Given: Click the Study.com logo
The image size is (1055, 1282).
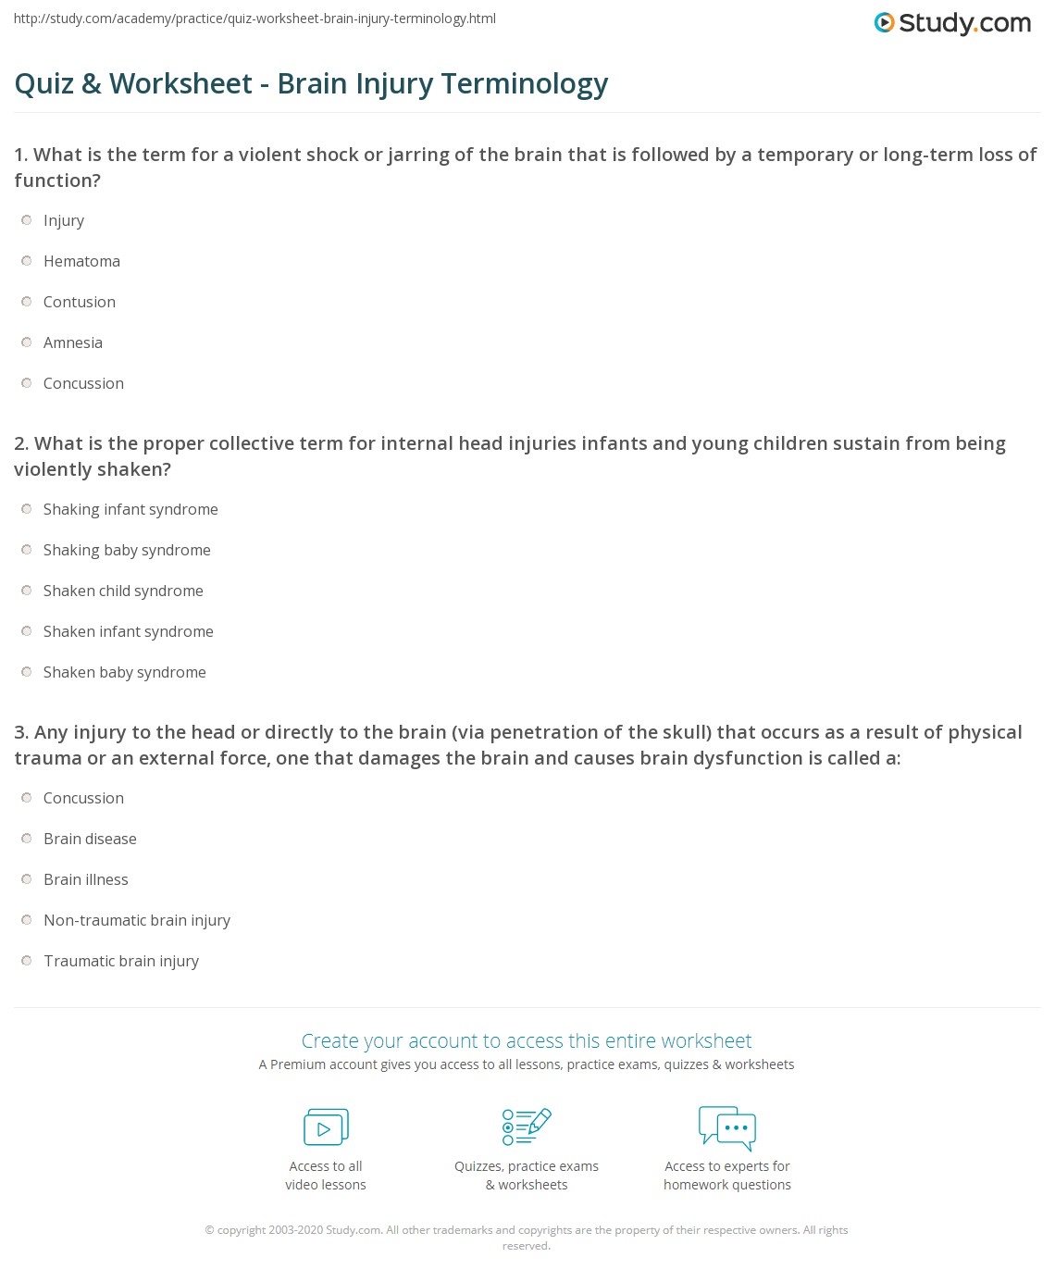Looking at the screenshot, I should [952, 23].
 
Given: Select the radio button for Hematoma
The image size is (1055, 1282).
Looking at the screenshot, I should [27, 261].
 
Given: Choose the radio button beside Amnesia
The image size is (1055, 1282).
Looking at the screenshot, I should [27, 342].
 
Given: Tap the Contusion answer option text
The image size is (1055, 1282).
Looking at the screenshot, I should [80, 302].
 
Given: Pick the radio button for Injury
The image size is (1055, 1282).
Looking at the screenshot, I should [27, 220].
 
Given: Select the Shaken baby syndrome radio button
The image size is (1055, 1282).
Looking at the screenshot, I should [27, 672].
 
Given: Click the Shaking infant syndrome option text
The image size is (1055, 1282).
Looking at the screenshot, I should [130, 509].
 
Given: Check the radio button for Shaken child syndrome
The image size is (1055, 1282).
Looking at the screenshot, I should [27, 591].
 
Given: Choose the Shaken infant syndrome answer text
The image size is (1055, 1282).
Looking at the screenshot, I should [129, 631].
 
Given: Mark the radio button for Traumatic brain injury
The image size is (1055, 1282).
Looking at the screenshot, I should [27, 961].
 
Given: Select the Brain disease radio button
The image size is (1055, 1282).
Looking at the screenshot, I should [27, 839].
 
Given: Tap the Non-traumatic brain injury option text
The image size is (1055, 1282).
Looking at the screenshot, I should [137, 920].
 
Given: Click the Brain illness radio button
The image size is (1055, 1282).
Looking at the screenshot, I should [27, 879].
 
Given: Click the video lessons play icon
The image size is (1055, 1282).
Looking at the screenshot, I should [326, 1127].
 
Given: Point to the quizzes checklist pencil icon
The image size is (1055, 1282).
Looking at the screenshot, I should [527, 1126].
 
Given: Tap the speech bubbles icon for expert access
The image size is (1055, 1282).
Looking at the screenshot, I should [727, 1127].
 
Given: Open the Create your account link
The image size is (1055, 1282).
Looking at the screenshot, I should [527, 1040].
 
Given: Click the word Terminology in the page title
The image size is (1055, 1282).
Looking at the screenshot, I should [525, 83].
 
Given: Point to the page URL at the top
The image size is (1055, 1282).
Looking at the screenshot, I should [254, 19].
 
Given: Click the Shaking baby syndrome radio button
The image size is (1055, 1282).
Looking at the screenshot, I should [27, 550].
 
